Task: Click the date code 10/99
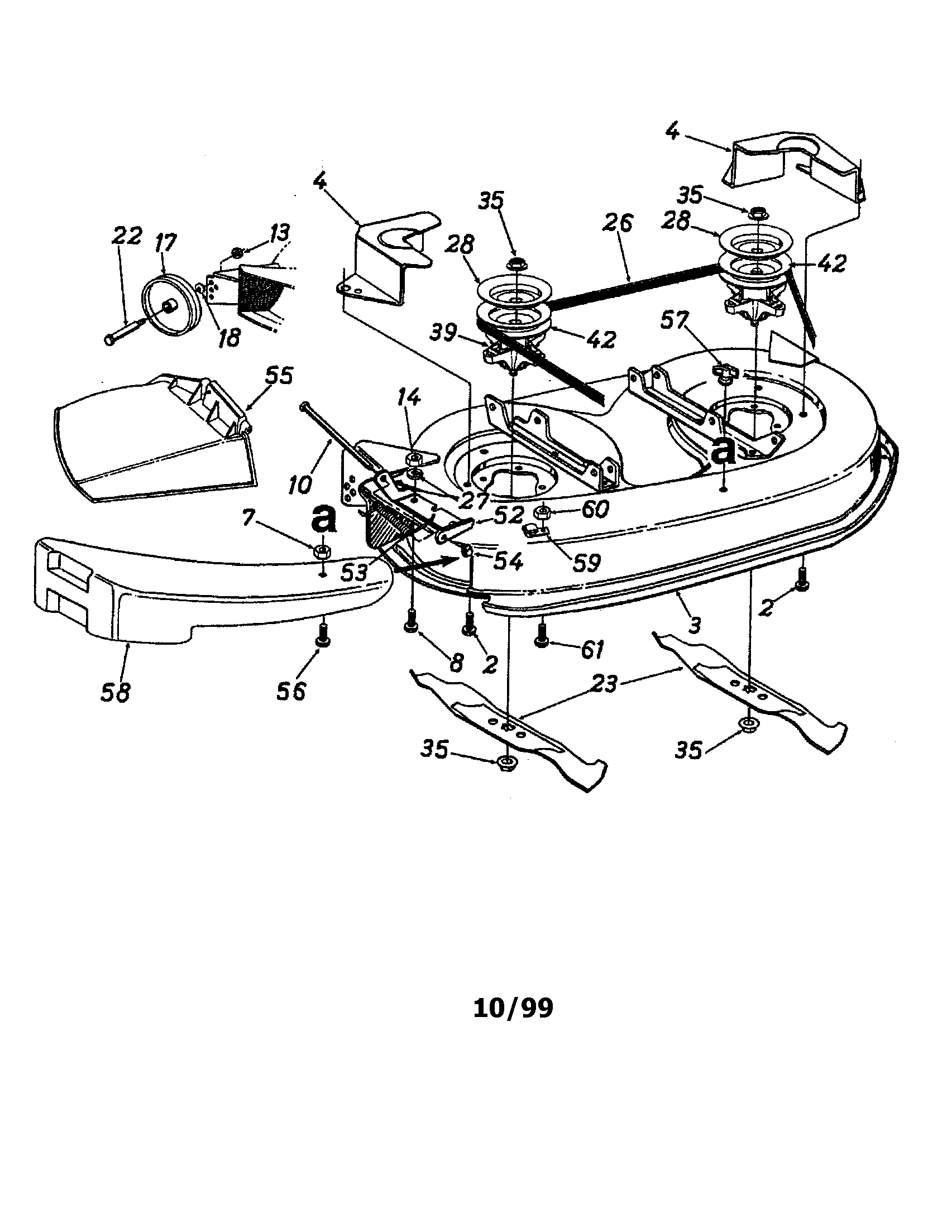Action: click(513, 1008)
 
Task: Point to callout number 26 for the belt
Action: click(618, 223)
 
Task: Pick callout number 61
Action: click(592, 650)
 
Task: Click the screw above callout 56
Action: click(322, 636)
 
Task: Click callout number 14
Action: click(409, 398)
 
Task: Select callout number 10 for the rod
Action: click(299, 483)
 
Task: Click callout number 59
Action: click(586, 562)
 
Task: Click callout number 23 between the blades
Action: click(604, 684)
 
